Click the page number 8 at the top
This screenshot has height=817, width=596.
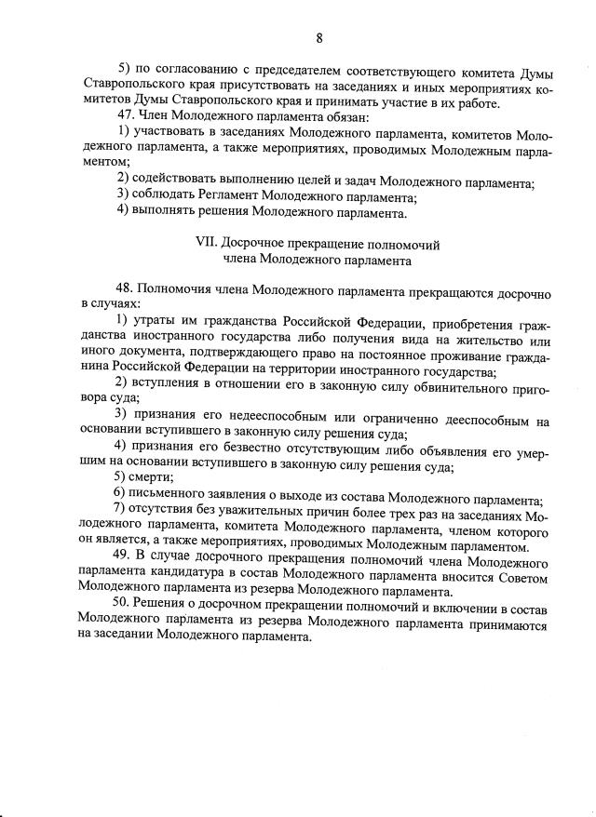tap(319, 38)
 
